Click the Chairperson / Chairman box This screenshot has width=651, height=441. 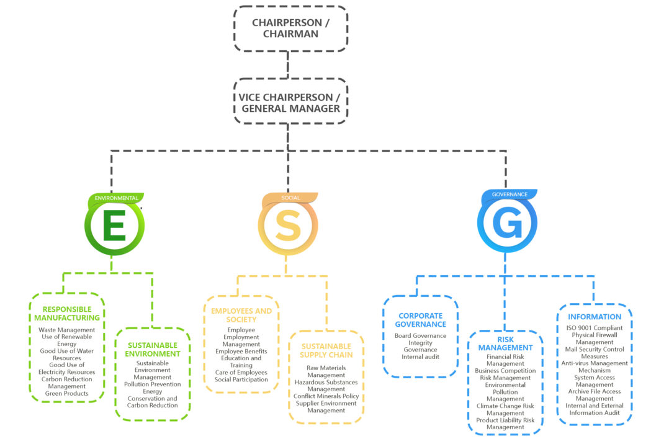[290, 29]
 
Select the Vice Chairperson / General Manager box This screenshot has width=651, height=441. [290, 102]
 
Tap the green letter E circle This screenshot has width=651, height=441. [114, 226]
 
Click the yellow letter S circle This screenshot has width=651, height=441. [288, 226]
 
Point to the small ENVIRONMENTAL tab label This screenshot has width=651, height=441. [116, 198]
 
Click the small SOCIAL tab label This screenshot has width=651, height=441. [290, 198]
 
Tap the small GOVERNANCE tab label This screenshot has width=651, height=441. [510, 194]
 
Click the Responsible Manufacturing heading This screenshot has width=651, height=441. [67, 314]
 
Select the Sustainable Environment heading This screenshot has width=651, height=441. [153, 350]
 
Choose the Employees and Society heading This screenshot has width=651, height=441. [241, 315]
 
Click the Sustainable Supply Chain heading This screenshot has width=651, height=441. [326, 350]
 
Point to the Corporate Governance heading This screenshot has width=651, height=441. [421, 320]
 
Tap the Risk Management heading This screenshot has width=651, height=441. [505, 343]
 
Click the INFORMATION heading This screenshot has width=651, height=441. [594, 317]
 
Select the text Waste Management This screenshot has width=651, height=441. [67, 330]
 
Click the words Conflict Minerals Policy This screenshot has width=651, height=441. [326, 396]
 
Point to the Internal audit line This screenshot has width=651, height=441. [420, 357]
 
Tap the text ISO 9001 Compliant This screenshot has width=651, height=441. [594, 328]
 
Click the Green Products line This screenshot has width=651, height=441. [67, 393]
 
